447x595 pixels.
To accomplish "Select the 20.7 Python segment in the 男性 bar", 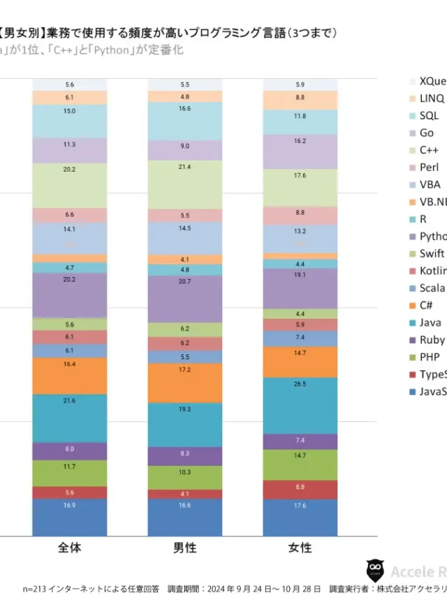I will [x=184, y=299].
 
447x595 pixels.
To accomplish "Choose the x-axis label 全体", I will [x=70, y=548].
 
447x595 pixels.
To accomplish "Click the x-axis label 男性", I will [x=184, y=548].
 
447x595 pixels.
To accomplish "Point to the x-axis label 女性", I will [x=300, y=548].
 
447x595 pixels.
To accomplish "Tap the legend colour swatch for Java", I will [x=410, y=323].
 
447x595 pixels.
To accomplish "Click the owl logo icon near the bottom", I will [x=375, y=570].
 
